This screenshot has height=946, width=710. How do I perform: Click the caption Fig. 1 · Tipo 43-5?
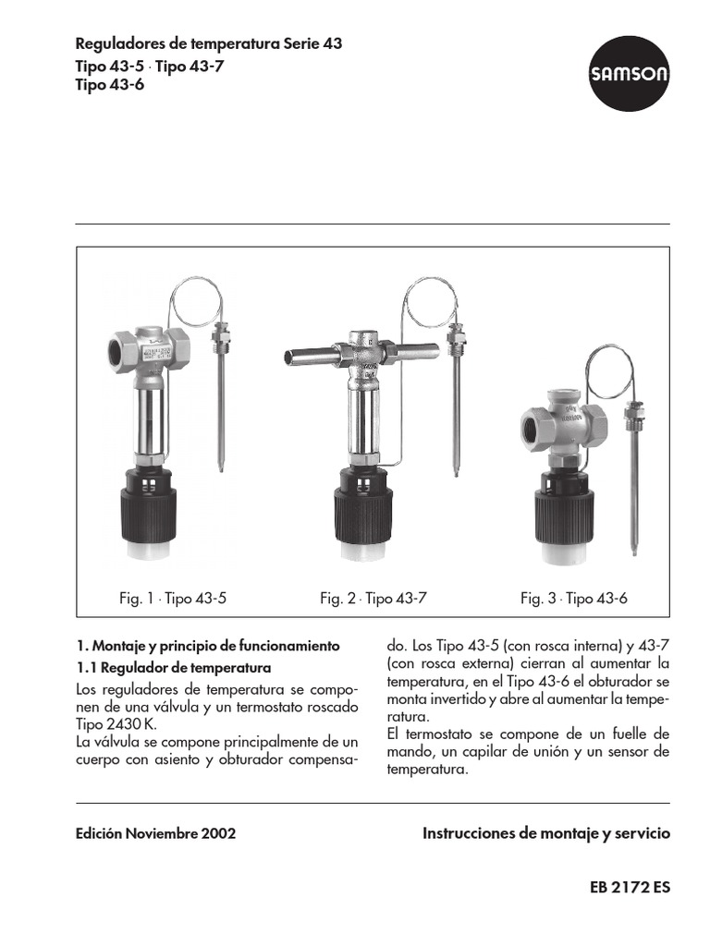(173, 599)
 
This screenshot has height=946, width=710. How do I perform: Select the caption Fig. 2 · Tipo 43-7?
(373, 599)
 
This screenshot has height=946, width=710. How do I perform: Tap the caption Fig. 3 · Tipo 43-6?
(573, 599)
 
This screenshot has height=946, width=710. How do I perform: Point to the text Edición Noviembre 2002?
(155, 833)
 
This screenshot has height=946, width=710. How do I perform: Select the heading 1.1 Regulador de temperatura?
(172, 667)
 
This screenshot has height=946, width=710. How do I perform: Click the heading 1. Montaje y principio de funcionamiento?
(208, 645)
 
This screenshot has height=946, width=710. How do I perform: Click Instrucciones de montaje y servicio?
(545, 833)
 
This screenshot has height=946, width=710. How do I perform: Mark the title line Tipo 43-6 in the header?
(110, 84)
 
